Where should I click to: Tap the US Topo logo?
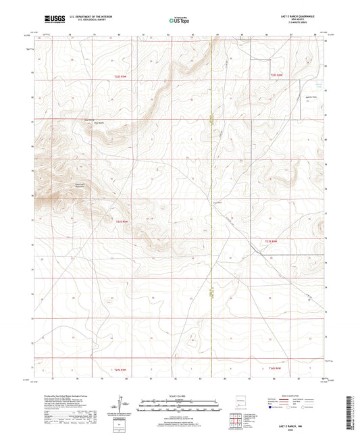[x=179, y=21]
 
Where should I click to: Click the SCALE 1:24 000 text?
[x=180, y=396]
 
